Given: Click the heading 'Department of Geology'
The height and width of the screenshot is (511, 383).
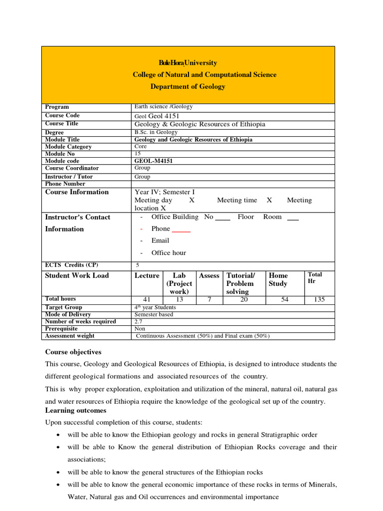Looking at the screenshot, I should (x=188, y=86).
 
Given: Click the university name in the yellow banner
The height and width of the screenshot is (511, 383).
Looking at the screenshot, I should (x=188, y=63).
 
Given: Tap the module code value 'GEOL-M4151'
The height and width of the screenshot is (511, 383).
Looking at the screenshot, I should (x=152, y=161).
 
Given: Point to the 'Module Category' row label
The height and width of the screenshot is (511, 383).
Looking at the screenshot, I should (x=68, y=147).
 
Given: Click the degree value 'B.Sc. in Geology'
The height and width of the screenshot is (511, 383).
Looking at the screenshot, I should (x=156, y=132).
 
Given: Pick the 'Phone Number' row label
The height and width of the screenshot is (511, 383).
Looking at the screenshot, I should (x=65, y=184).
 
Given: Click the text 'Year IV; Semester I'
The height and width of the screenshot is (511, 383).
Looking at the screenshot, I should (x=165, y=192).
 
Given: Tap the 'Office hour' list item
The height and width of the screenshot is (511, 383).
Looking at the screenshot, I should (x=169, y=253).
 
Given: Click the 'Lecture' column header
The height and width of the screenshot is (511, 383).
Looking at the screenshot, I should (x=147, y=275).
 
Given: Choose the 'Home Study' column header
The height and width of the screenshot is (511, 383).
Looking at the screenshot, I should (x=278, y=279).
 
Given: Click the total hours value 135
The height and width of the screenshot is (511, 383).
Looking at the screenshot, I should (x=318, y=299).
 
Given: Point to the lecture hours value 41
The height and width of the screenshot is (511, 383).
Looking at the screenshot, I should (x=147, y=299).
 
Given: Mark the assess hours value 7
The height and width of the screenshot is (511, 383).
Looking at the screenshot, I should (x=209, y=299).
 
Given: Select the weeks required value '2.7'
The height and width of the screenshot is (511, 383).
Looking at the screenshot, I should (x=139, y=321).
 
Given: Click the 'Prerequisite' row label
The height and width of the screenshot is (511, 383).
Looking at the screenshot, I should (x=61, y=329).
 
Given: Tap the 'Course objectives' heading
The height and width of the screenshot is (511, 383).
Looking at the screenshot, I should (x=73, y=352).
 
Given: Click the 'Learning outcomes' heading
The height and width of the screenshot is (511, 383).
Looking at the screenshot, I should (x=75, y=410).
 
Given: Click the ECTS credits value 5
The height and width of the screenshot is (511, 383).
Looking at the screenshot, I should (x=138, y=265).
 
